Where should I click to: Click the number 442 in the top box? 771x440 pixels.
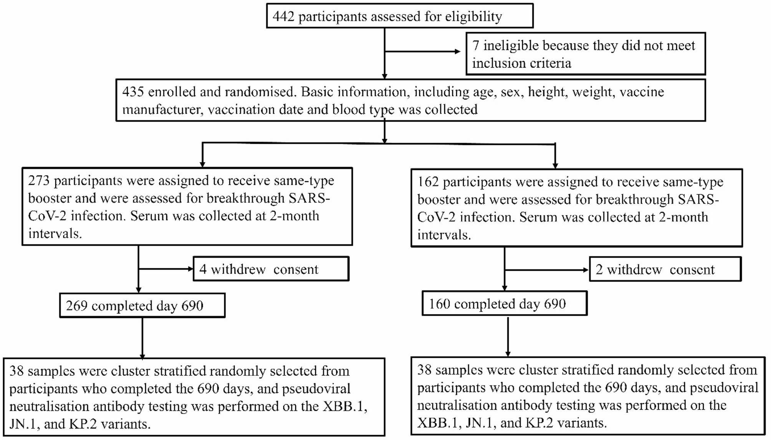pyautogui.click(x=283, y=17)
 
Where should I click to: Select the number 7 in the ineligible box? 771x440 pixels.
pyautogui.click(x=476, y=45)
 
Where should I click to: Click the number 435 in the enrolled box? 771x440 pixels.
pyautogui.click(x=133, y=92)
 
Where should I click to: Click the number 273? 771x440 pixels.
pyautogui.click(x=39, y=181)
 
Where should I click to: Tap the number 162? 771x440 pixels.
pyautogui.click(x=428, y=182)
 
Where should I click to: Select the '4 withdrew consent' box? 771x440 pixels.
pyautogui.click(x=271, y=269)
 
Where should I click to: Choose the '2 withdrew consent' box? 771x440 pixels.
pyautogui.click(x=665, y=269)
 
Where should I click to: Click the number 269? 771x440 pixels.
pyautogui.click(x=76, y=306)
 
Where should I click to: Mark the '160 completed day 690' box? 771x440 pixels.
pyautogui.click(x=504, y=304)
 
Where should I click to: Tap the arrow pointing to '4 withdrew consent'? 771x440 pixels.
pyautogui.click(x=190, y=269)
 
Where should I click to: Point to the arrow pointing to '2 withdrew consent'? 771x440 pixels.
pyautogui.click(x=586, y=270)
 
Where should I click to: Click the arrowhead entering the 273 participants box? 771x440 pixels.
pyautogui.click(x=202, y=164)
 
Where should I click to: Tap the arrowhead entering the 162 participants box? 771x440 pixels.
pyautogui.click(x=555, y=165)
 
